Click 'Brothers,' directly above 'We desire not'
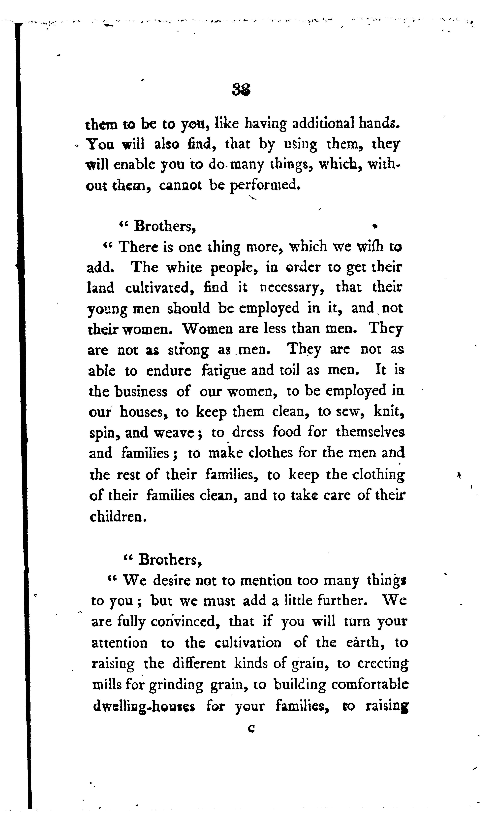pos(170,560)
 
